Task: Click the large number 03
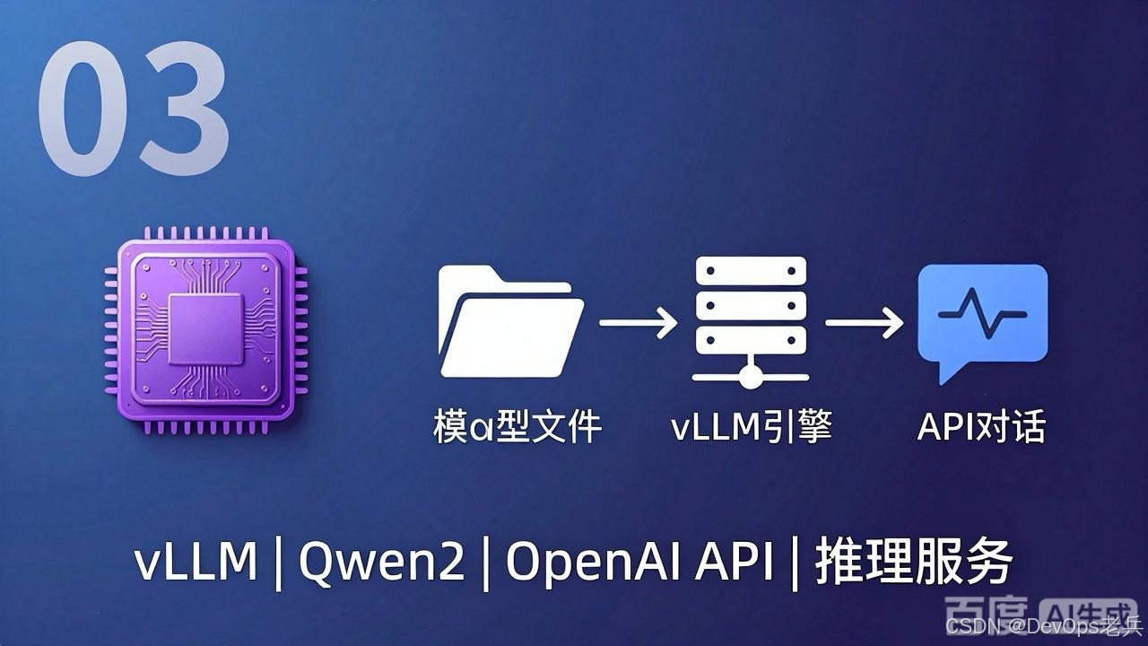pyautogui.click(x=134, y=109)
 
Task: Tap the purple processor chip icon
pyautogui.click(x=206, y=331)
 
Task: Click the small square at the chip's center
pyautogui.click(x=205, y=329)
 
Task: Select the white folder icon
pyautogui.click(x=511, y=321)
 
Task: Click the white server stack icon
pyautogui.click(x=751, y=322)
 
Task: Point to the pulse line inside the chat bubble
pyautogui.click(x=982, y=313)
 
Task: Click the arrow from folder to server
pyautogui.click(x=638, y=322)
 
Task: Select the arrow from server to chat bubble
pyautogui.click(x=864, y=322)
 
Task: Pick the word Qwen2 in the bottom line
pyautogui.click(x=382, y=562)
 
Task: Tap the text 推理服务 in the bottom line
pyautogui.click(x=914, y=562)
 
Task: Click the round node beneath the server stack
pyautogui.click(x=751, y=378)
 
